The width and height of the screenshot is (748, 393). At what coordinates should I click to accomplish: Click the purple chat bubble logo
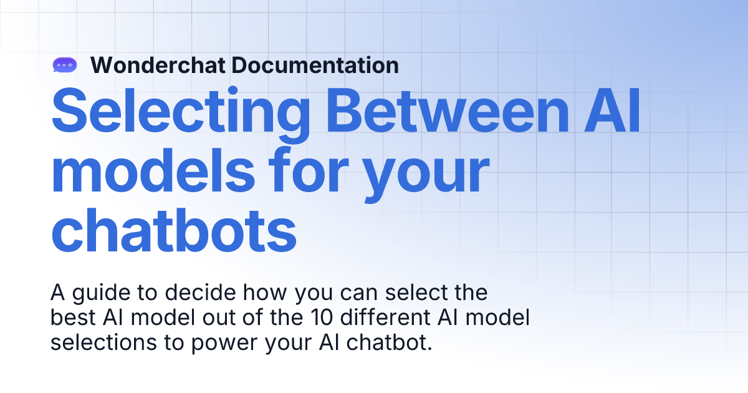[x=64, y=64]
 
